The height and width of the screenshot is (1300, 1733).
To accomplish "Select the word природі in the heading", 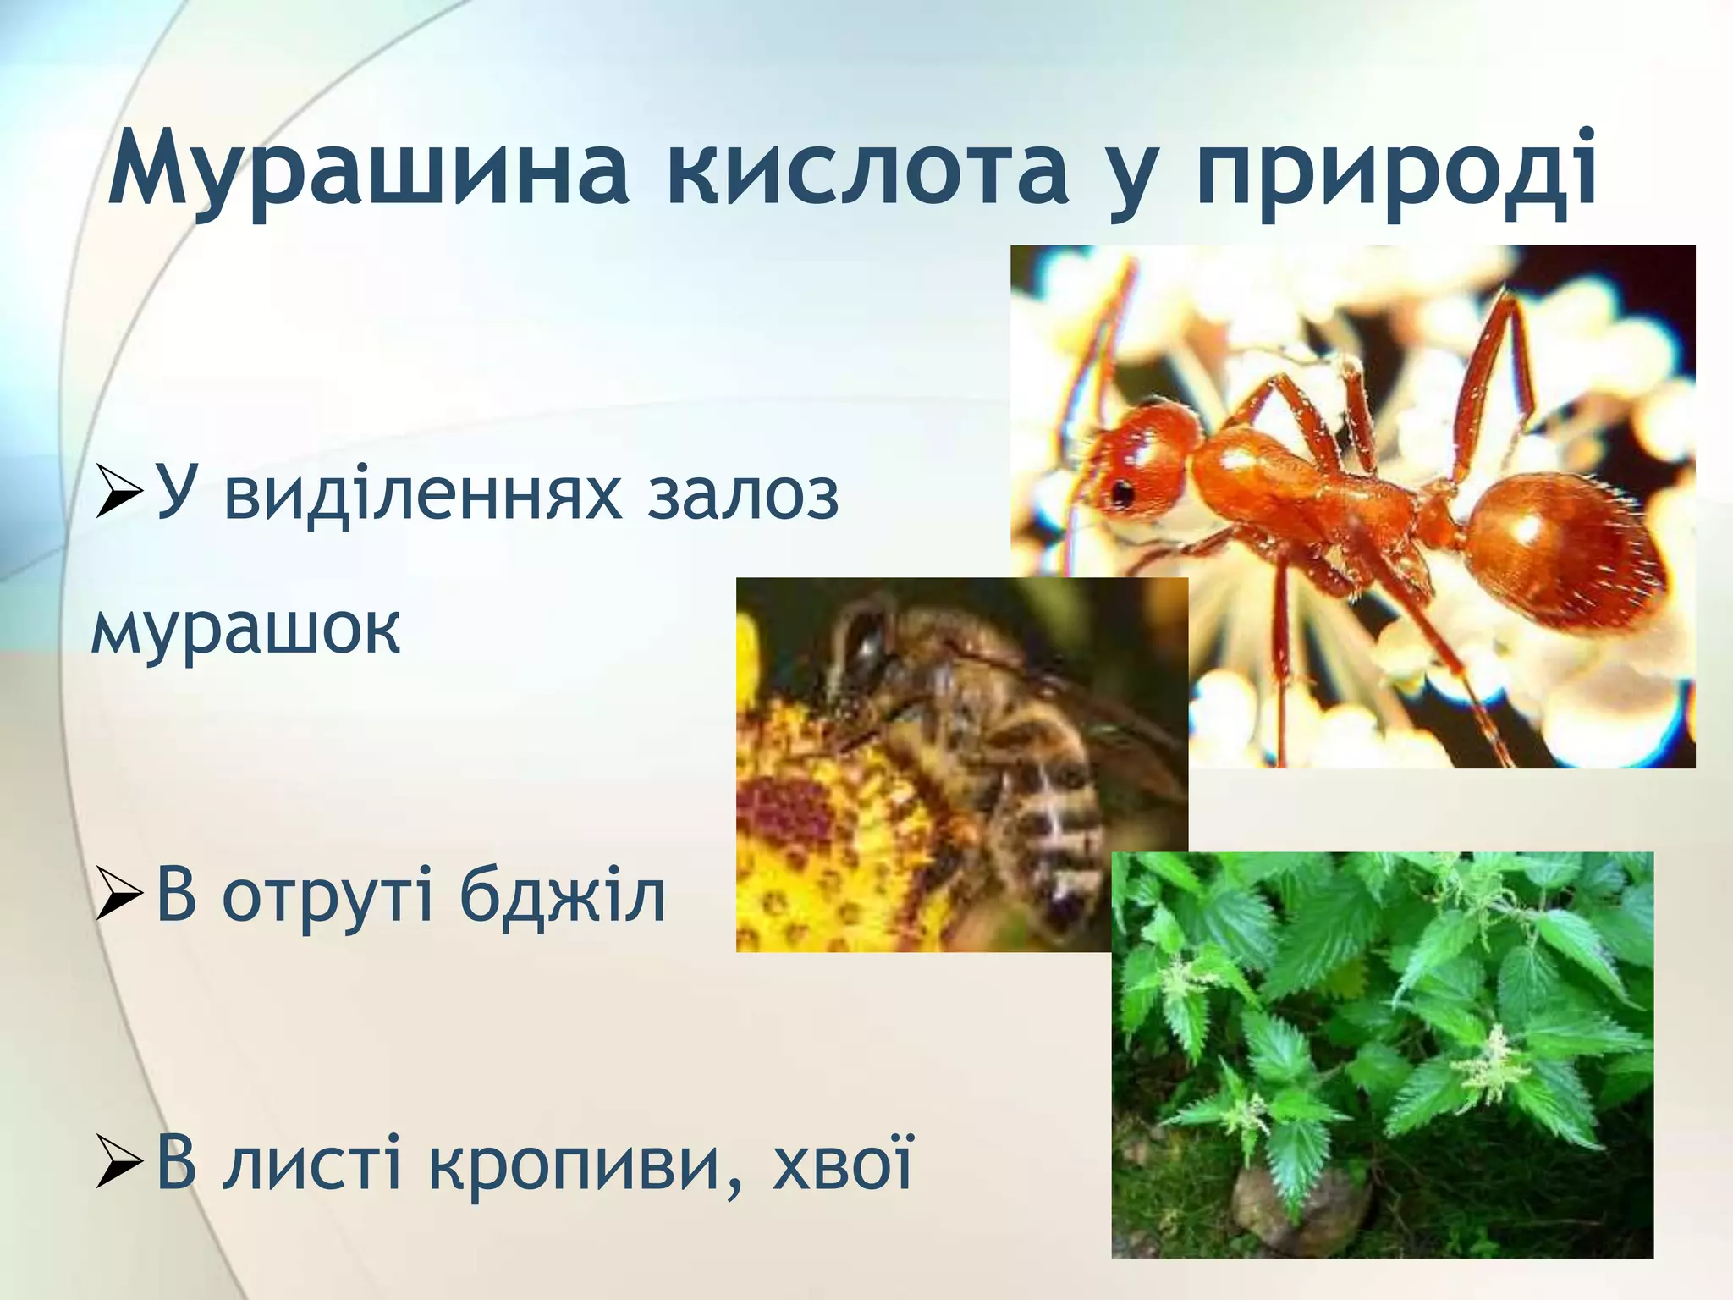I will tap(1396, 169).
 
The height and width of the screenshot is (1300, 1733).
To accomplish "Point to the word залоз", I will tap(742, 495).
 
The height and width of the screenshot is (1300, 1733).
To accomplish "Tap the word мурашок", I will tap(245, 630).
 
